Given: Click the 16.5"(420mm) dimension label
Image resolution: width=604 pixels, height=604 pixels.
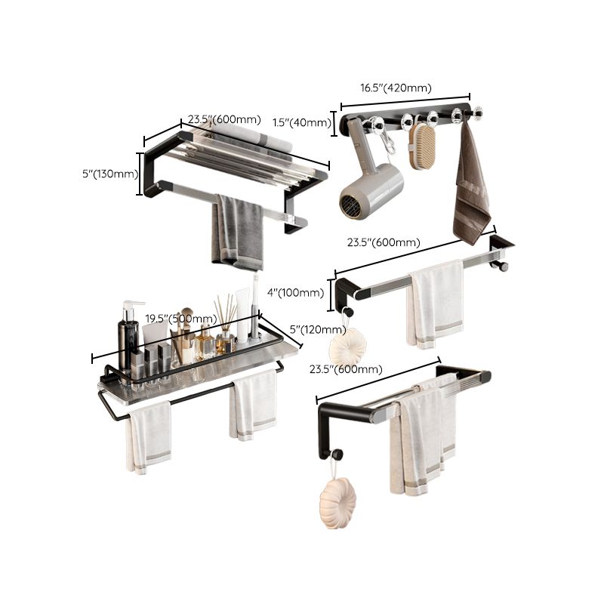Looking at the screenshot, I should click(396, 88).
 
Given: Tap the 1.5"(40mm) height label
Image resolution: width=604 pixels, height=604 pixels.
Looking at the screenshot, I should click(310, 123).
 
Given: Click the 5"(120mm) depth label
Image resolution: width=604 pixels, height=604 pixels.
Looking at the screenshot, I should click(317, 329).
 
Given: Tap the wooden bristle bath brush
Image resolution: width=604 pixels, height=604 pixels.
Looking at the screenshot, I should click(423, 146).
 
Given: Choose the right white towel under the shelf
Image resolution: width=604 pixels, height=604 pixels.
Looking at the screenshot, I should click(253, 404).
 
